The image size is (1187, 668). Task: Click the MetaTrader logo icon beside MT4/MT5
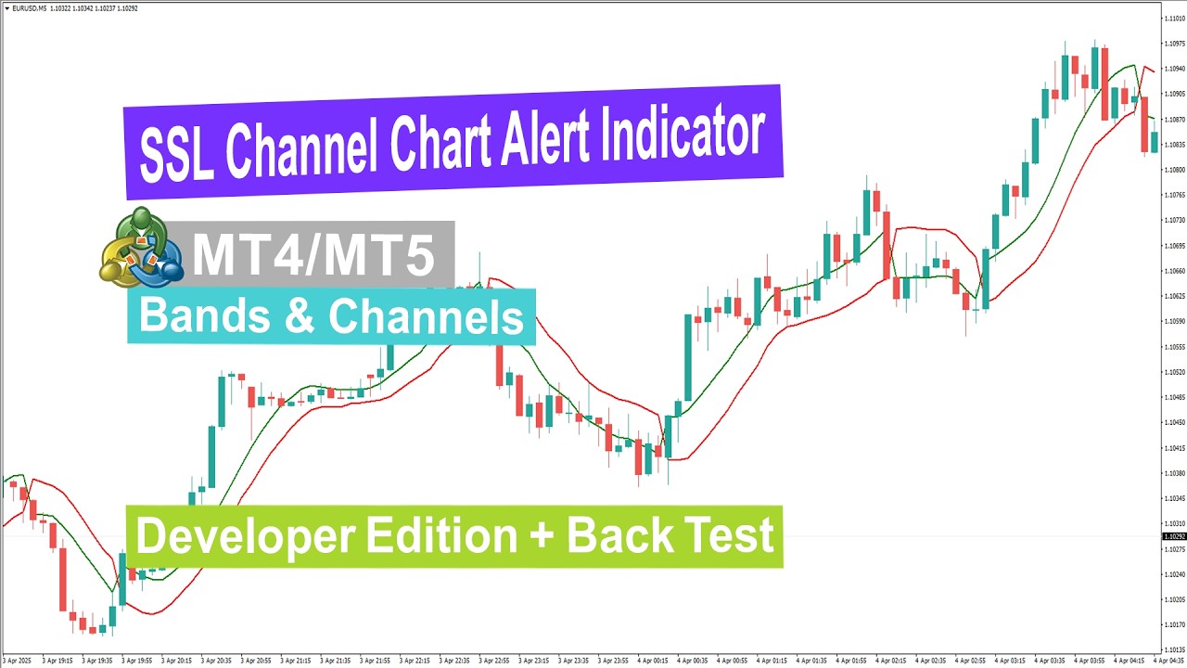click(141, 247)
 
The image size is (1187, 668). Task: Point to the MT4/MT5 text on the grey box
click(313, 254)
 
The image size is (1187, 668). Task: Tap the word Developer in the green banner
click(246, 536)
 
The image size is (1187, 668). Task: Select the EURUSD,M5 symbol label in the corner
click(24, 8)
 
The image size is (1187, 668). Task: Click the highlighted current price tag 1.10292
click(1174, 537)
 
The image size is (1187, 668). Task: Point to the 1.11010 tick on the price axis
click(1174, 18)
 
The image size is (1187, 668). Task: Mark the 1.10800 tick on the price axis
click(1174, 170)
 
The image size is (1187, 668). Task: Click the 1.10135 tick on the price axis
click(1174, 649)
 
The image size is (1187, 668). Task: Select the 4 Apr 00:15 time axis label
click(649, 661)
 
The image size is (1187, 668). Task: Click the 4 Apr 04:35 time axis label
click(1170, 661)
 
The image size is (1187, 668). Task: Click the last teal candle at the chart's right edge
click(1155, 141)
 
